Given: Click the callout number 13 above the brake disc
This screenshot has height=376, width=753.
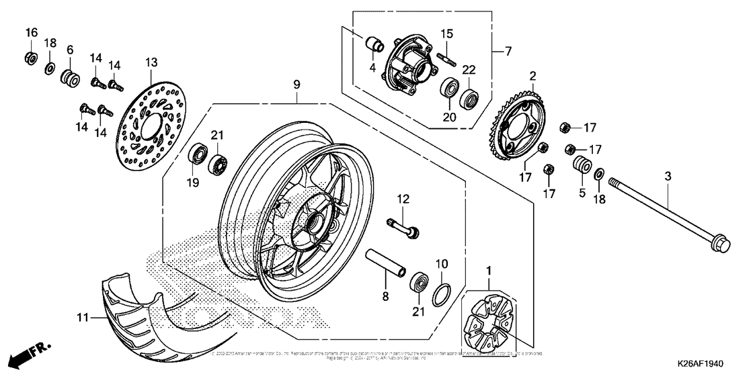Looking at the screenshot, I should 149,62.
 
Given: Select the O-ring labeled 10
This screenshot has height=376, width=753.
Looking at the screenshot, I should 440,293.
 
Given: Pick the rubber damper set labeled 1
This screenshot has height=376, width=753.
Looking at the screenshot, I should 489,316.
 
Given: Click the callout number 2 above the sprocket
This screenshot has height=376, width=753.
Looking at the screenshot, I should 532,77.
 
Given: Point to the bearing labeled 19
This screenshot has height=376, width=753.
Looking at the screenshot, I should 198,154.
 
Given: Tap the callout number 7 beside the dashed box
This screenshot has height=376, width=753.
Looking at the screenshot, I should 508,51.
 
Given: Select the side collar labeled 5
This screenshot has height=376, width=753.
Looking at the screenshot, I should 582,166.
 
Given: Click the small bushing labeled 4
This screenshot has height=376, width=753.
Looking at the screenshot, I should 373,45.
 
